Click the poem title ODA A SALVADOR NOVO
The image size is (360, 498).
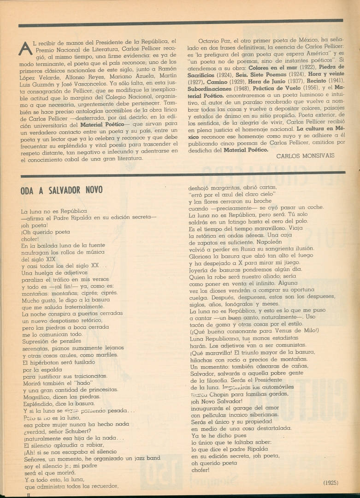point(61,190)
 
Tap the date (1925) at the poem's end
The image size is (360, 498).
point(331,483)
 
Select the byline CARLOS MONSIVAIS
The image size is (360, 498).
point(305,156)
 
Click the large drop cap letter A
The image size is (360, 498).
point(25,47)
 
